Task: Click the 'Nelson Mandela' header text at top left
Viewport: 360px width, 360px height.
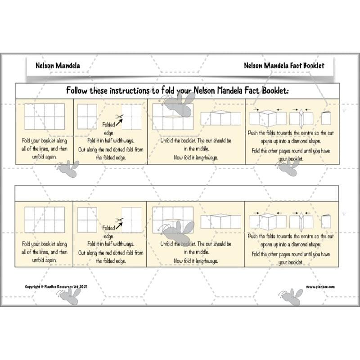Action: click(x=58, y=65)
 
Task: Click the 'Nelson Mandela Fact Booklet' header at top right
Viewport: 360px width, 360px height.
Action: click(x=284, y=65)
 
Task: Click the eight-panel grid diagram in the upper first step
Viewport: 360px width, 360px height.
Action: click(x=44, y=117)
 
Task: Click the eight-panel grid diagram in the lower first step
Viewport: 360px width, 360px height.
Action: click(x=44, y=220)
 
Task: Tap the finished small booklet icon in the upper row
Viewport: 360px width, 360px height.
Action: click(x=326, y=118)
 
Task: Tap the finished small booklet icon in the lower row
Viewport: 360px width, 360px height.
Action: click(x=326, y=221)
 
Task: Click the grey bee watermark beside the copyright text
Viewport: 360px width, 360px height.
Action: click(x=72, y=295)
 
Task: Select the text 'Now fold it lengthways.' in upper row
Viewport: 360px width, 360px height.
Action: click(x=196, y=158)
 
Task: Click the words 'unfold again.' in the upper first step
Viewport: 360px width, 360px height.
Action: click(x=44, y=158)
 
